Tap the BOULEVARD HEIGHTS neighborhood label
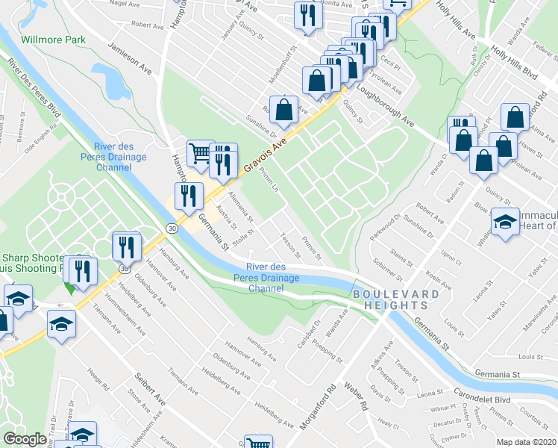[395, 300]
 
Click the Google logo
[25, 439]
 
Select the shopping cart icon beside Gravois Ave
[199, 153]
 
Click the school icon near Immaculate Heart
[505, 223]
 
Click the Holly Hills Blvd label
[515, 65]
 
